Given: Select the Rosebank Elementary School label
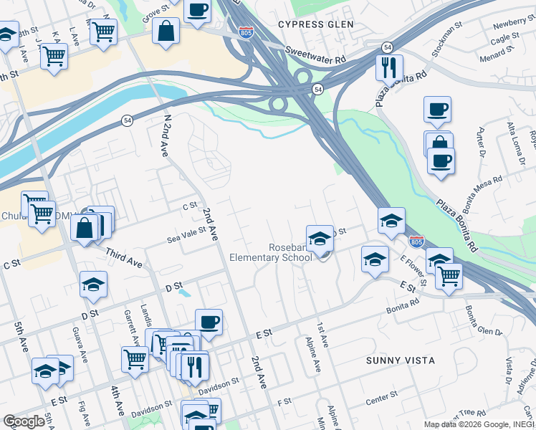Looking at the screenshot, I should tap(271, 252).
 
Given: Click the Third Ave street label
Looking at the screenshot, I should tap(123, 255).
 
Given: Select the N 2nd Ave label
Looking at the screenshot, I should tap(163, 136).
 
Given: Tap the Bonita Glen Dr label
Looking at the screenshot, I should tap(483, 320).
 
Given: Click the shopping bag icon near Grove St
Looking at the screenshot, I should tap(166, 32).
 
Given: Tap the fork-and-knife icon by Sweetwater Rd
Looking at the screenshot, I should tap(389, 67).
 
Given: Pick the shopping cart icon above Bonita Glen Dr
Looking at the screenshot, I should tap(449, 276).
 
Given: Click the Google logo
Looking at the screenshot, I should tap(24, 421).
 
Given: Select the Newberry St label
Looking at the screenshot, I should tap(509, 25).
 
